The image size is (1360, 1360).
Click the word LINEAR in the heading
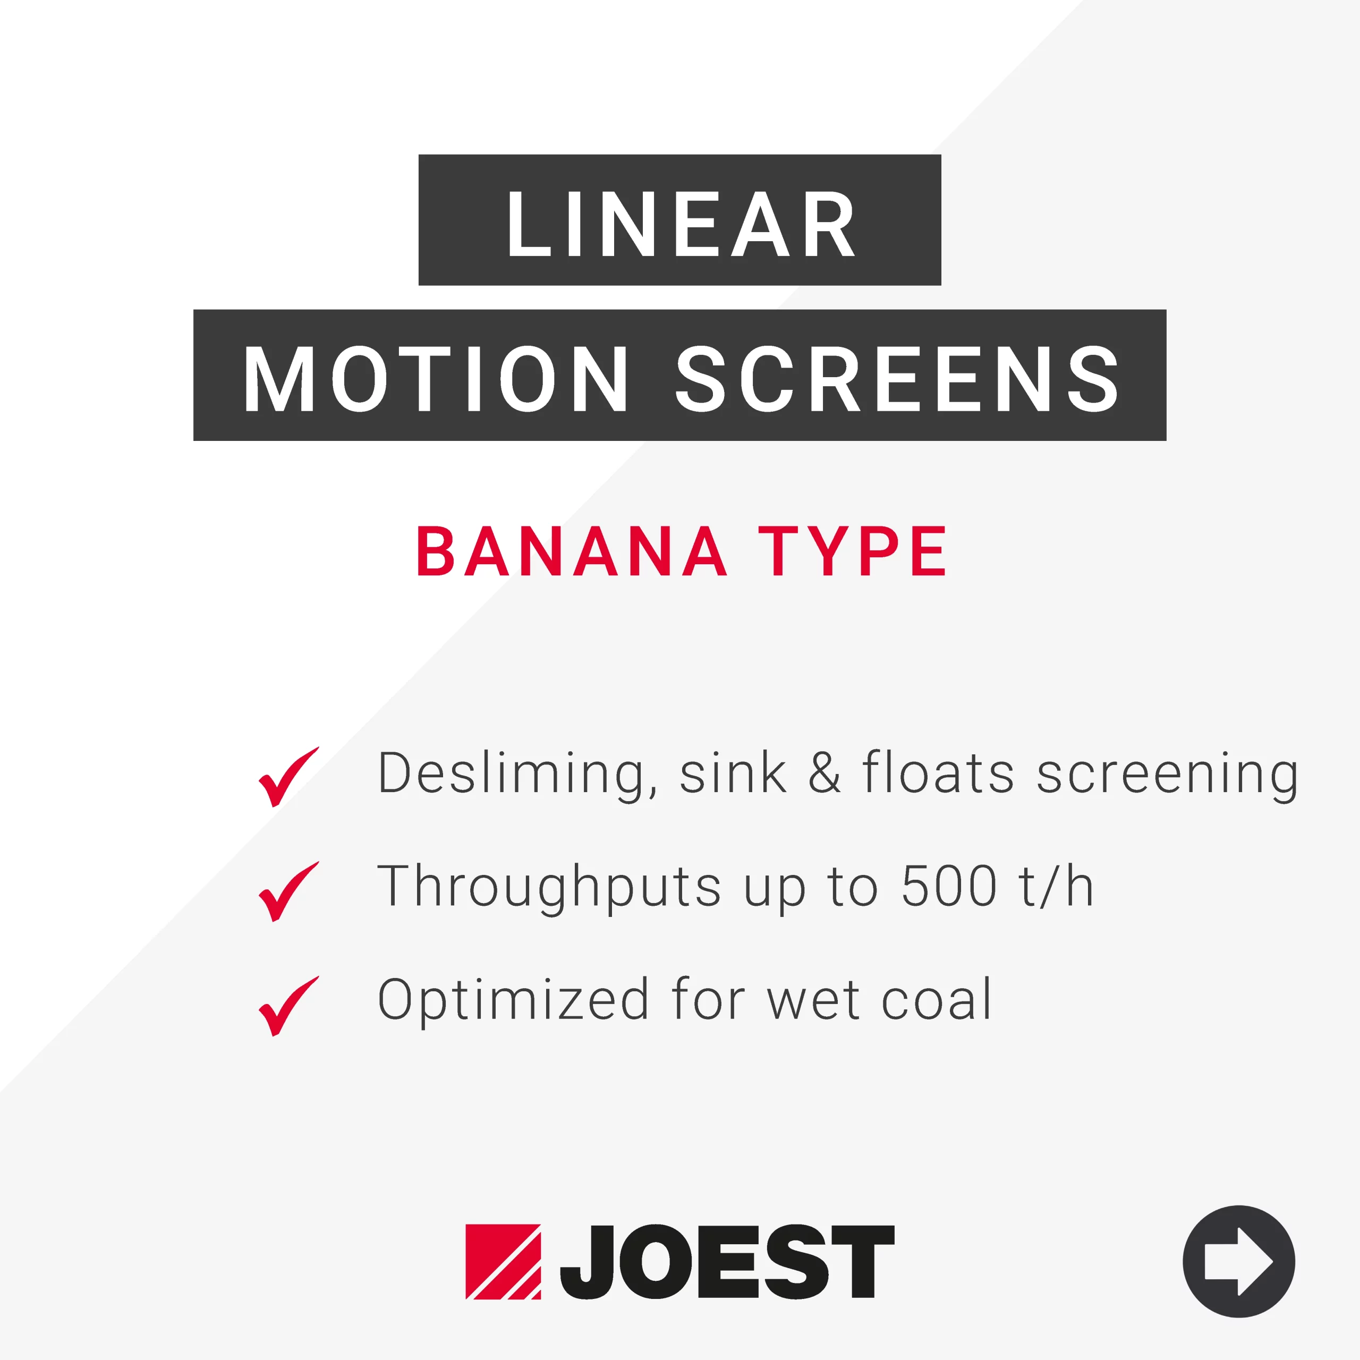[681, 224]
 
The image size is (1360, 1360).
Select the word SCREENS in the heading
[897, 379]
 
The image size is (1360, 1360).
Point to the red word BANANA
[572, 551]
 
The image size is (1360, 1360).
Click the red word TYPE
[853, 551]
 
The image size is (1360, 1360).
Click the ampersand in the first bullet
[824, 773]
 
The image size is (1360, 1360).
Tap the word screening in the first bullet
[1167, 776]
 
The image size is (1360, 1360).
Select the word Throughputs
[549, 888]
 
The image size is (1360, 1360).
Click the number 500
[949, 886]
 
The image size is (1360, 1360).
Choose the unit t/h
[1056, 886]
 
